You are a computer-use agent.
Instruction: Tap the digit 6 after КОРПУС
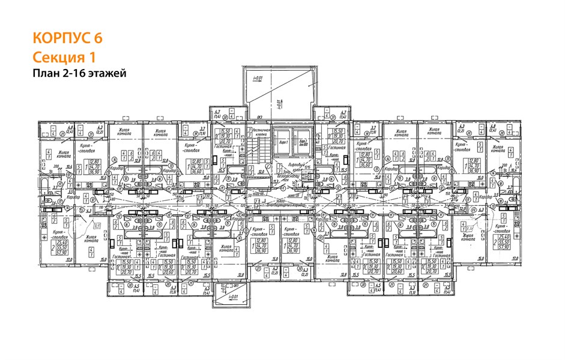tap(97, 38)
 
